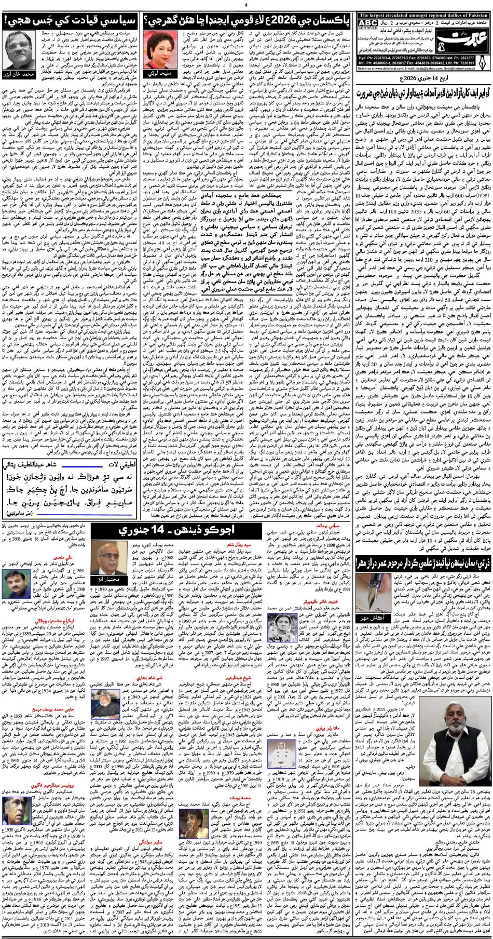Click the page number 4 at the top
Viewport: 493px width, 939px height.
(246, 5)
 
